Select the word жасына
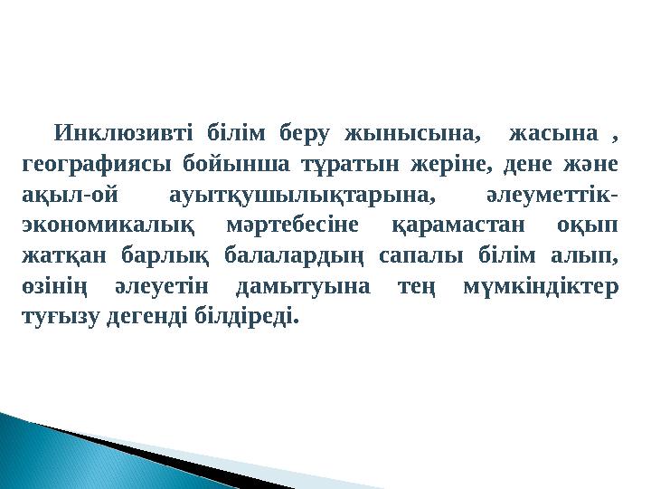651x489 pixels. [x=554, y=136]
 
